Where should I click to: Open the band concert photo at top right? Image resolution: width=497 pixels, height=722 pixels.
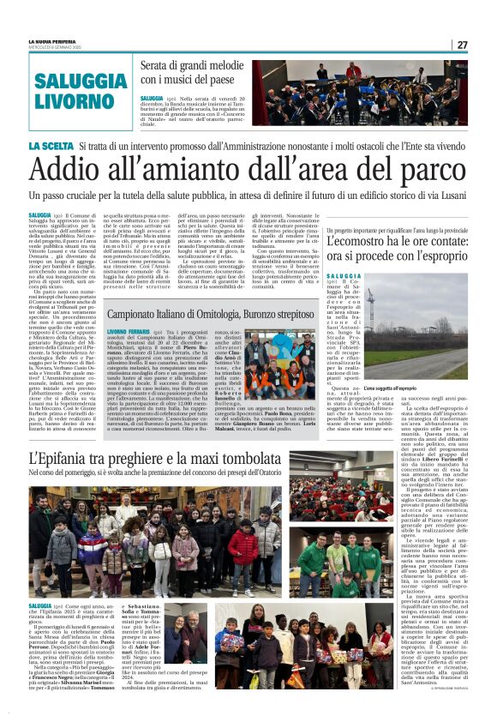[359, 93]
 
